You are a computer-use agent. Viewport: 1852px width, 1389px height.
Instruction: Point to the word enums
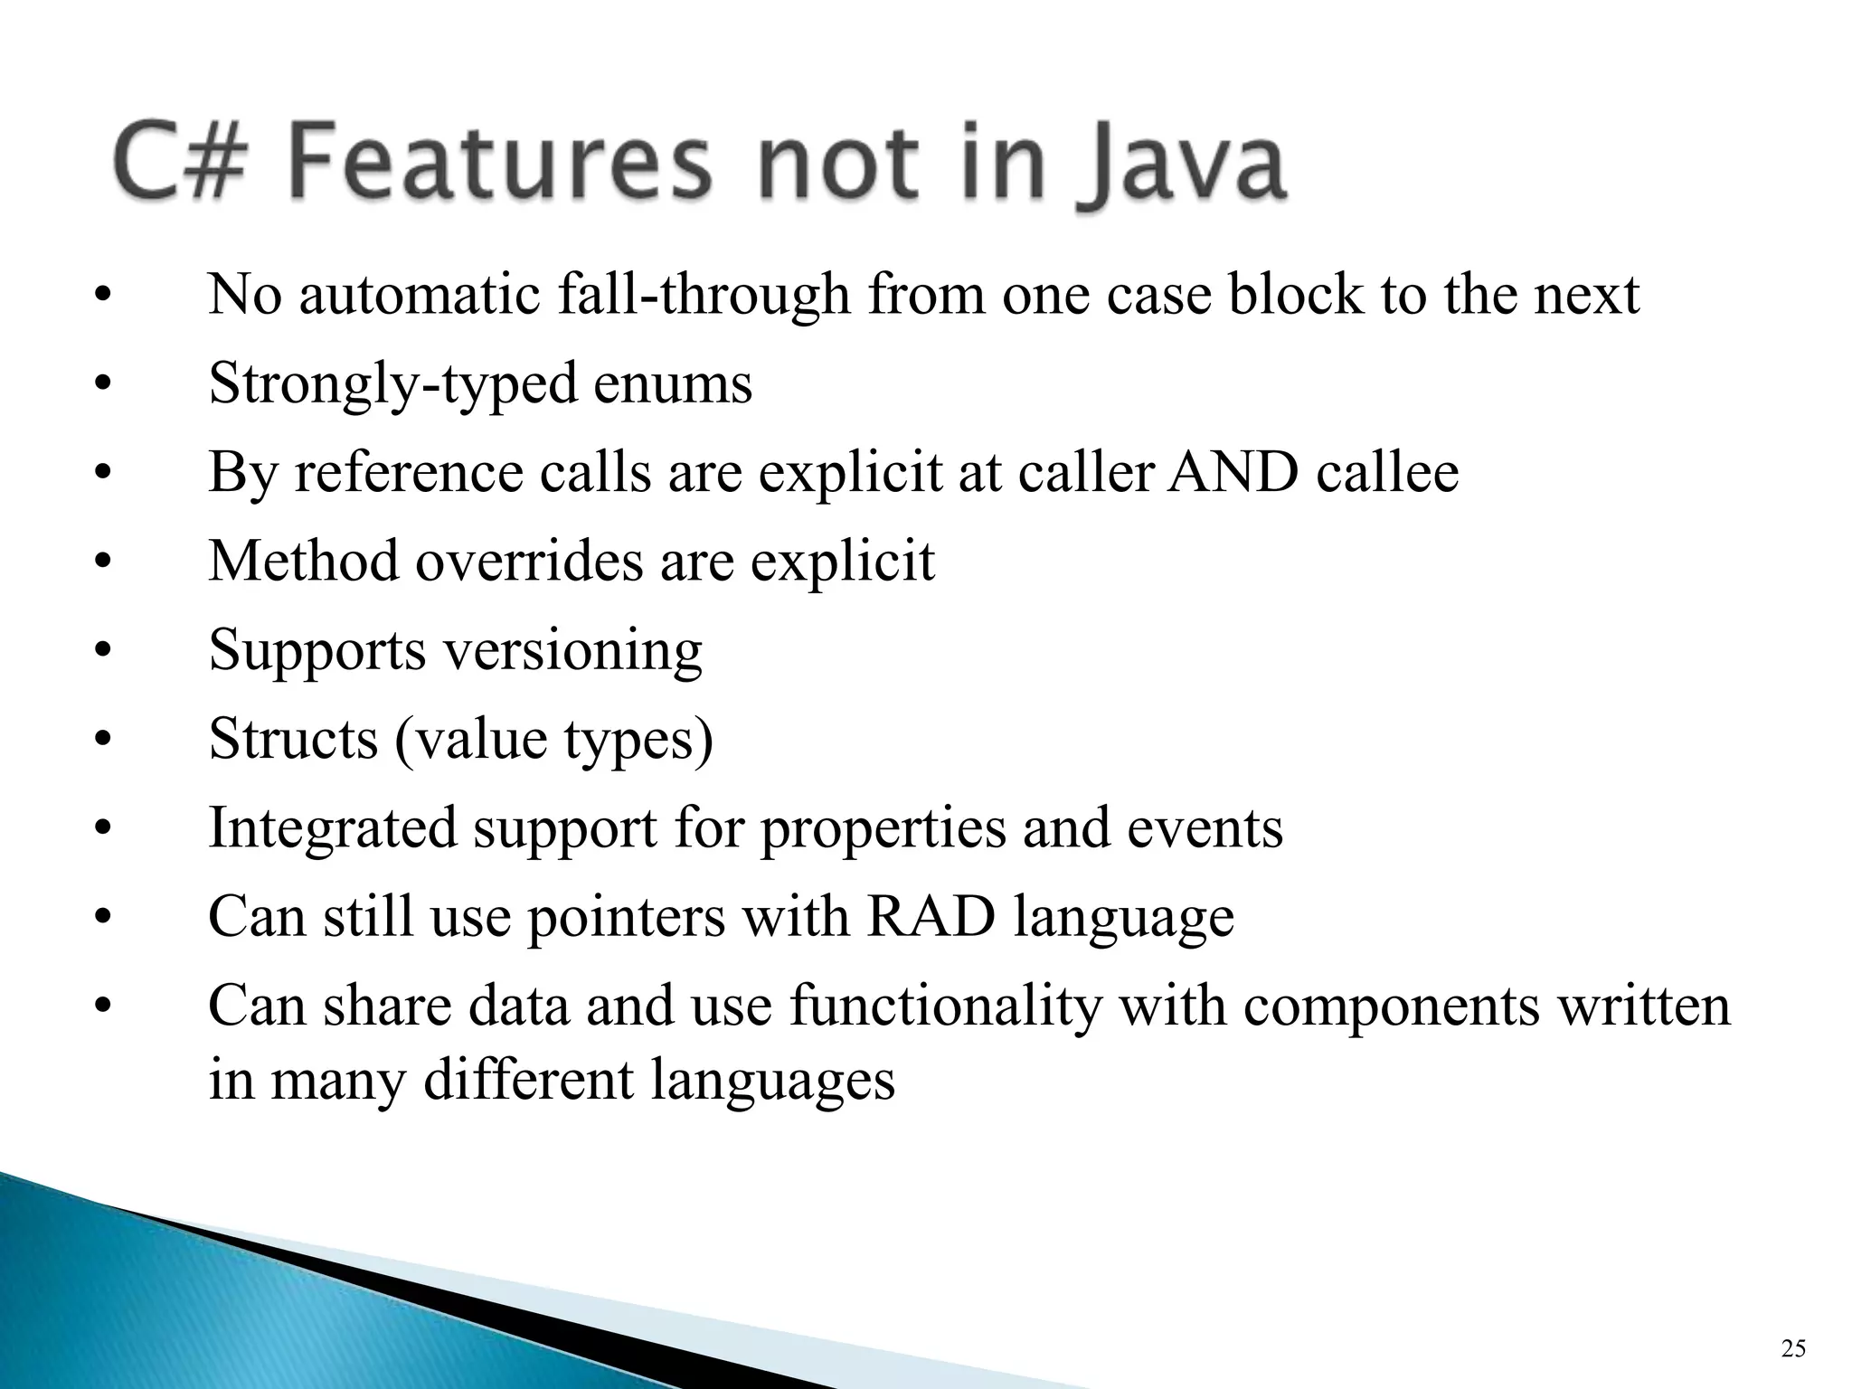[673, 383]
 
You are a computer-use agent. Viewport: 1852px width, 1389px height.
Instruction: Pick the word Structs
[293, 739]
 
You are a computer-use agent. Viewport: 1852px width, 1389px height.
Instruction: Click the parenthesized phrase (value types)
[553, 739]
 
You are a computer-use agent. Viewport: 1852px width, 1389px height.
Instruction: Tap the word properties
[883, 827]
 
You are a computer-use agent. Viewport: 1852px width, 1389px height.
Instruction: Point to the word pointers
[626, 916]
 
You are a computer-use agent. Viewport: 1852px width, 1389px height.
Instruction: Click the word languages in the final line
[772, 1080]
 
